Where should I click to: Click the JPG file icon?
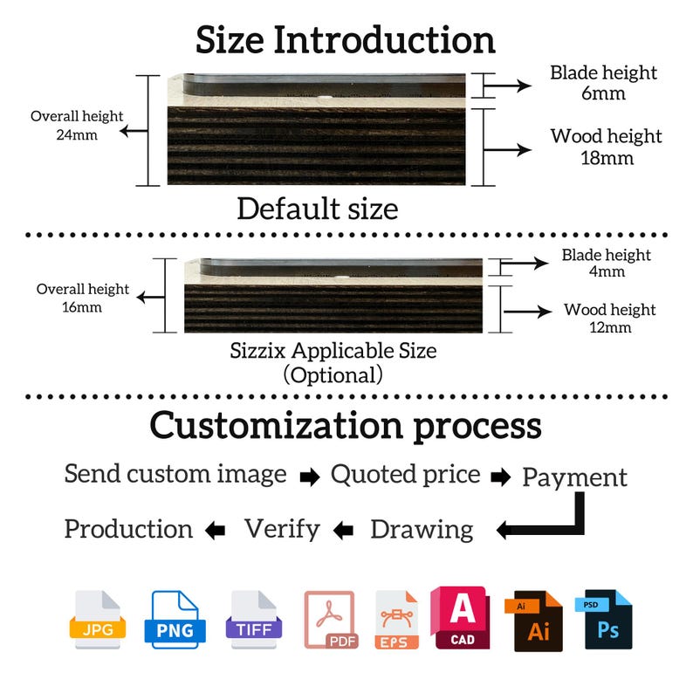(x=98, y=620)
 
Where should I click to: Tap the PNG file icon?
(x=175, y=620)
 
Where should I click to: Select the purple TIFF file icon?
(x=254, y=620)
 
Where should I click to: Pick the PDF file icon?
(x=332, y=620)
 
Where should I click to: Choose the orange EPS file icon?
(x=396, y=620)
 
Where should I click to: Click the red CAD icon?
(x=460, y=618)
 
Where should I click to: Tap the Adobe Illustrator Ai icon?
(x=533, y=621)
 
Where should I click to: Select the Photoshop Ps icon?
(x=604, y=620)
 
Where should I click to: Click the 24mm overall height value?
(x=77, y=134)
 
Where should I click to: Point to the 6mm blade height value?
(x=603, y=93)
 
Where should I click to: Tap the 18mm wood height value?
(x=607, y=158)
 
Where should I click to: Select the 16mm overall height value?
(x=82, y=307)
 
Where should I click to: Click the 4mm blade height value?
(x=607, y=271)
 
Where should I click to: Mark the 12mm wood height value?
(x=610, y=327)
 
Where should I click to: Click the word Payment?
(x=574, y=478)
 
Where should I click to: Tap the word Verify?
(x=283, y=530)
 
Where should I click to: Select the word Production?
(x=128, y=529)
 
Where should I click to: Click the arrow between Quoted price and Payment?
(x=501, y=477)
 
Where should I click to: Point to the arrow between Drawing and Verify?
(x=343, y=530)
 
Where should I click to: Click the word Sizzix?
(x=257, y=351)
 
